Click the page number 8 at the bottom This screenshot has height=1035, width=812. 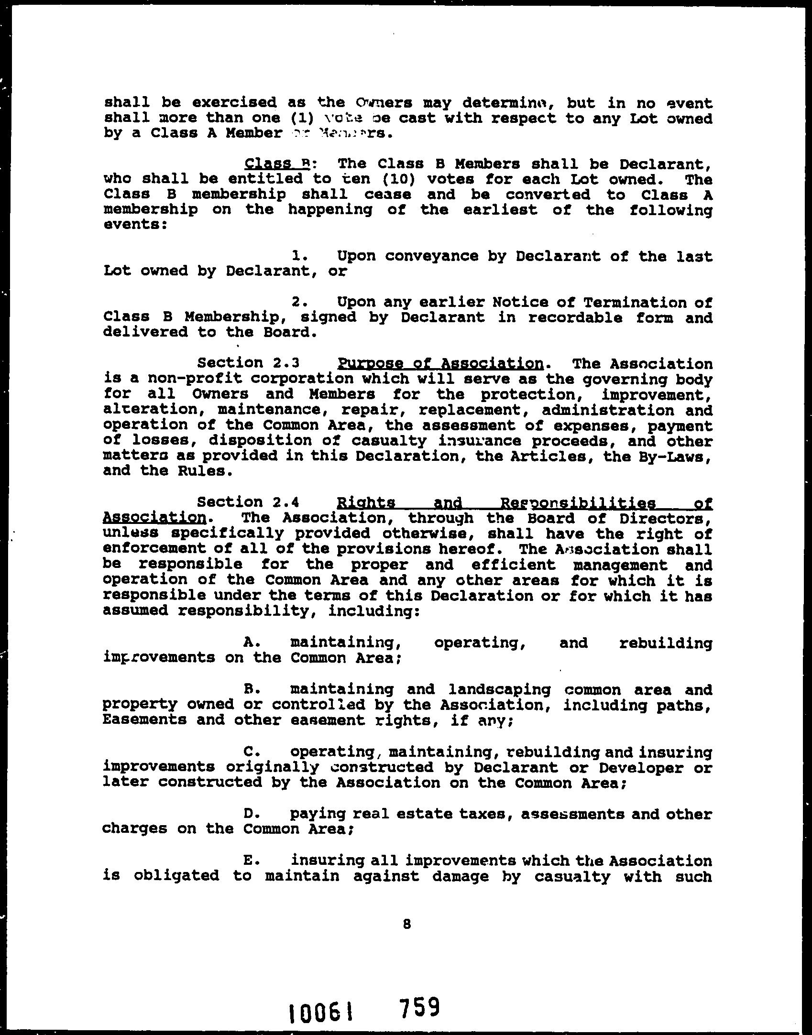click(x=407, y=924)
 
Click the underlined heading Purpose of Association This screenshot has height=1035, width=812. click(x=440, y=364)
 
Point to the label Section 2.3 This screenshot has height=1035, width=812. click(x=248, y=363)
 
